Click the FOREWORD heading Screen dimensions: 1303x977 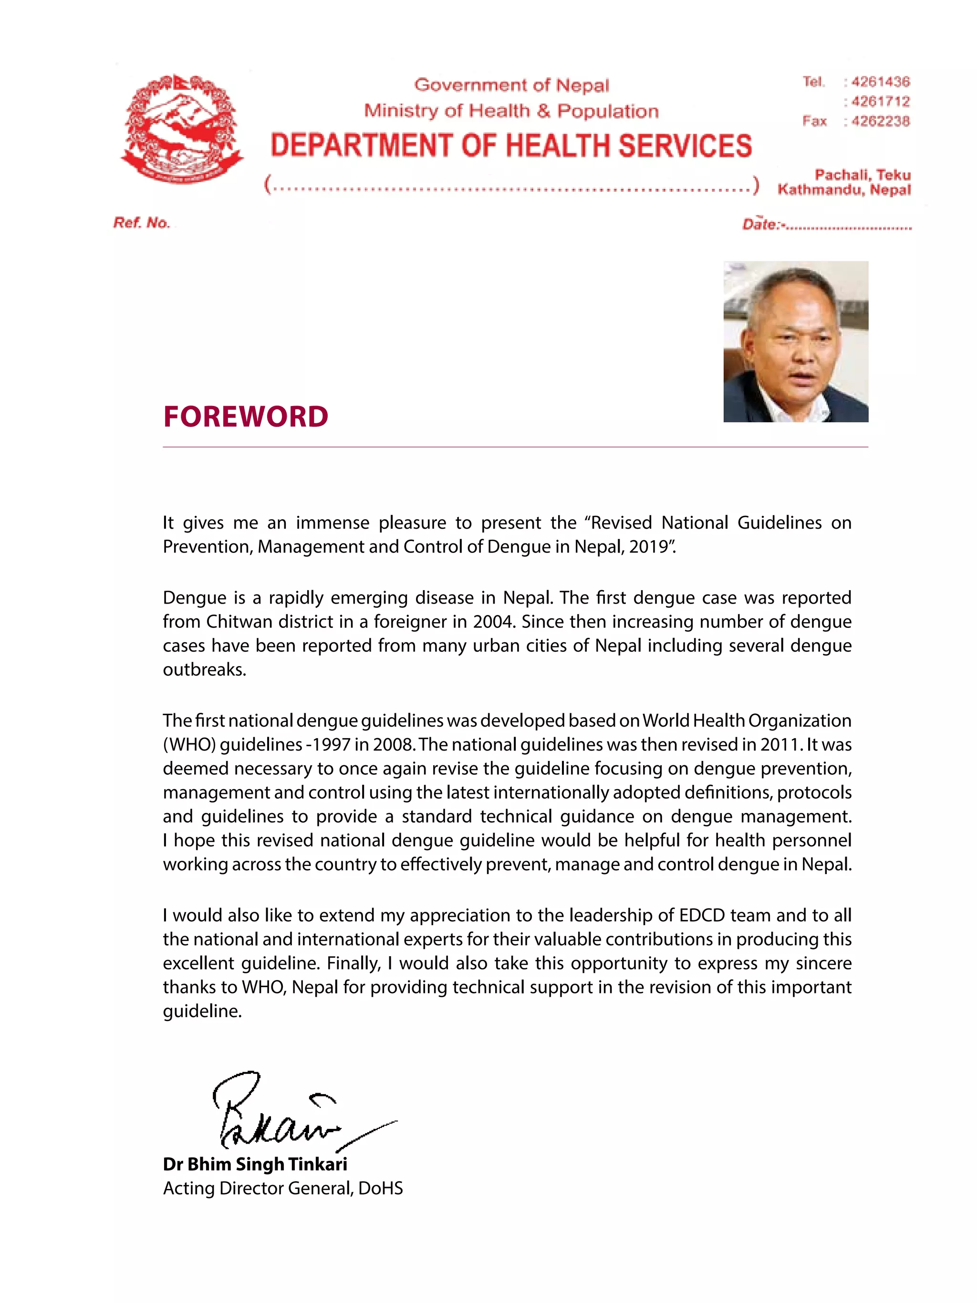[x=246, y=417]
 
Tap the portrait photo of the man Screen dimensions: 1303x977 [x=795, y=342]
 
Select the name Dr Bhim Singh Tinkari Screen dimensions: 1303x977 [x=255, y=1165]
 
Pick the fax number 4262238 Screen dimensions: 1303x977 [x=881, y=121]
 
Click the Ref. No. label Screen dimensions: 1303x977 [x=141, y=223]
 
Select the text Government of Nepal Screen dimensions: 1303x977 [x=511, y=85]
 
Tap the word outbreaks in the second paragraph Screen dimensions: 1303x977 [x=204, y=670]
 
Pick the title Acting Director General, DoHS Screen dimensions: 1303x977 [x=283, y=1188]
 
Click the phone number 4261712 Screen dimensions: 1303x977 [x=881, y=101]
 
